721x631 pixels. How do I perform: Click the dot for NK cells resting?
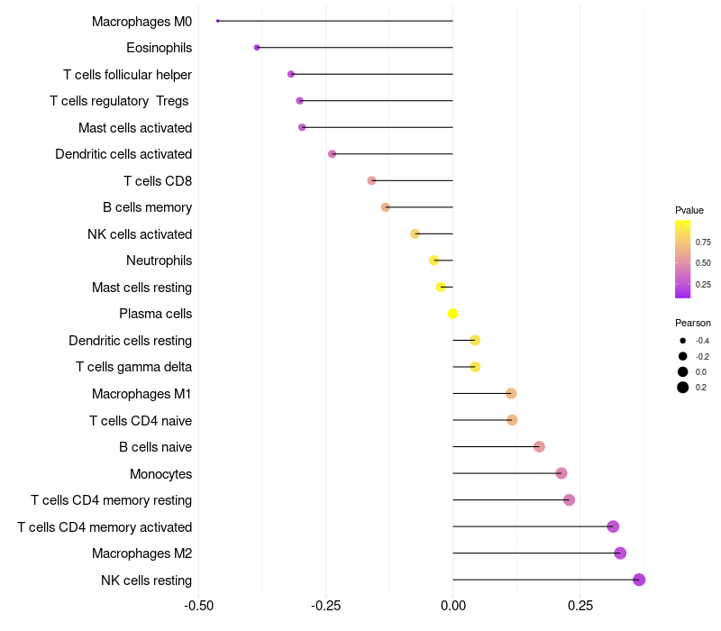point(639,580)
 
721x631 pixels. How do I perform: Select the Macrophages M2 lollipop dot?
point(620,553)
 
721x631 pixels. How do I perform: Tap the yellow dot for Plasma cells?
point(453,314)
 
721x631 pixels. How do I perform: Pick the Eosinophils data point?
point(257,48)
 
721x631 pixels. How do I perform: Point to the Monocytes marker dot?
point(561,473)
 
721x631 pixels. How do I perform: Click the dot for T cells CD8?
point(371,180)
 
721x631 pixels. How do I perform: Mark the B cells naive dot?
point(539,447)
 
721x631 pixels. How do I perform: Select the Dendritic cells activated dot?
point(332,154)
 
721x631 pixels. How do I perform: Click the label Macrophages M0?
point(141,21)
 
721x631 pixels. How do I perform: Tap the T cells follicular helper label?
point(127,74)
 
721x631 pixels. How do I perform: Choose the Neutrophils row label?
point(159,261)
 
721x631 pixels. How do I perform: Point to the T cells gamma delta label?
point(133,367)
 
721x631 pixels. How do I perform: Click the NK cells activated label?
point(140,234)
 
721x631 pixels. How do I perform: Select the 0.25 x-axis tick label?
point(580,606)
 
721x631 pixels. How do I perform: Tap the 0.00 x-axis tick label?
point(452,606)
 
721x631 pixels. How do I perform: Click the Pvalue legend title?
point(689,210)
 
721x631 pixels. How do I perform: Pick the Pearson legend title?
point(693,323)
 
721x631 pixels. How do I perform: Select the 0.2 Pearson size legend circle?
point(683,388)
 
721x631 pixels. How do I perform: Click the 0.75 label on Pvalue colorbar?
point(703,242)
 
